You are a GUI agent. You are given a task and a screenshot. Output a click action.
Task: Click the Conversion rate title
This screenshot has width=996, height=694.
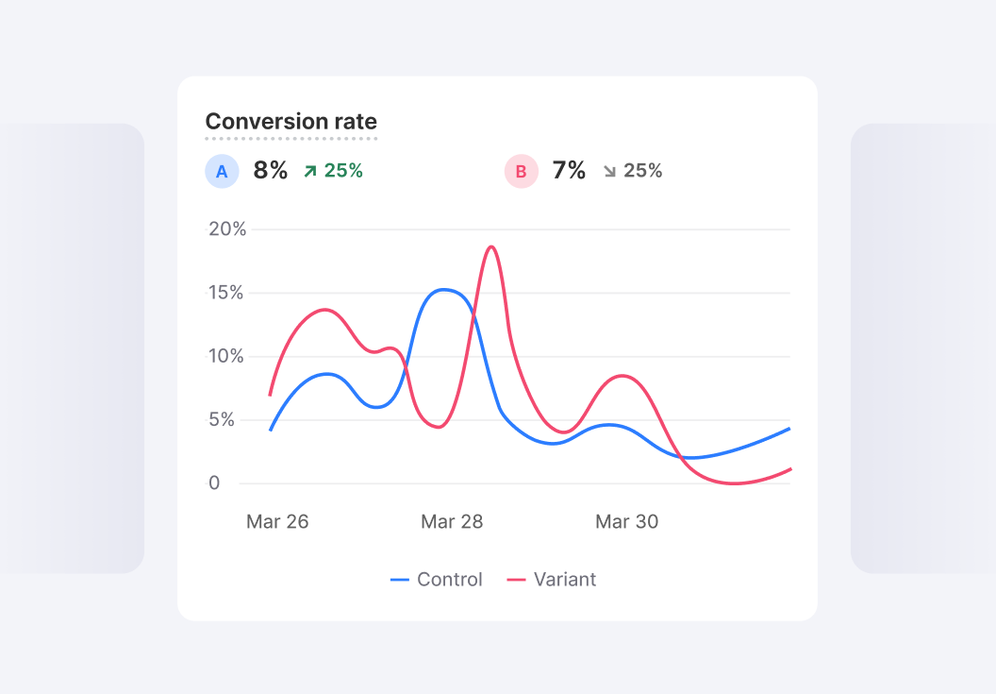(290, 122)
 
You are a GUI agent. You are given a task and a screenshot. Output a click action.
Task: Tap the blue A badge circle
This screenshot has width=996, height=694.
(222, 171)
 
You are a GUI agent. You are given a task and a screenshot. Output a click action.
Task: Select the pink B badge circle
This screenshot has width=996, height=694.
(521, 171)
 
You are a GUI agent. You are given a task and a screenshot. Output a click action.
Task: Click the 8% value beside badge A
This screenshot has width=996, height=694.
(270, 171)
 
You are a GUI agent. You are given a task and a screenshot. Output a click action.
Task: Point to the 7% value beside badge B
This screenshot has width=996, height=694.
(569, 171)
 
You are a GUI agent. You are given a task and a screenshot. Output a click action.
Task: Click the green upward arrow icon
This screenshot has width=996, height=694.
(309, 171)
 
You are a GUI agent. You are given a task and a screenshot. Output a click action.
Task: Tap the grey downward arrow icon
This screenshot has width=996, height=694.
(609, 171)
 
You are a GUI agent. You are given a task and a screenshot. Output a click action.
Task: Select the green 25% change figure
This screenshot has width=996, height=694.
(343, 171)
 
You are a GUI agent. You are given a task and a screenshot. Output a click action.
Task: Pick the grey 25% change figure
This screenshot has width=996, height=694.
(642, 171)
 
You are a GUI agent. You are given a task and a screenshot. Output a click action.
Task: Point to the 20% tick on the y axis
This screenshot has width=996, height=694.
(226, 229)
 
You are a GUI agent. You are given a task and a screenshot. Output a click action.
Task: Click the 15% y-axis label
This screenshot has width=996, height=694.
(226, 293)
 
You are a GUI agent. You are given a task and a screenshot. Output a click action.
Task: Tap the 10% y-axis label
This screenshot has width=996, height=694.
(226, 356)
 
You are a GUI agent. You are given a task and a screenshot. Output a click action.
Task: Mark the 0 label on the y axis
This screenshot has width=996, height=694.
(214, 483)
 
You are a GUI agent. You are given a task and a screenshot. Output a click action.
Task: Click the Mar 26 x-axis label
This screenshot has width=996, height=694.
(277, 522)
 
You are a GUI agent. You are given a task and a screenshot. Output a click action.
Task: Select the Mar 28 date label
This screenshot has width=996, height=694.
(452, 522)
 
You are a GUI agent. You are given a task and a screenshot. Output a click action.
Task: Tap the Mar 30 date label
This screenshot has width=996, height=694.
(626, 522)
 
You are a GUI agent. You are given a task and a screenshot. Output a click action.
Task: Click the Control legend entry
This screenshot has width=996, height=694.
(437, 580)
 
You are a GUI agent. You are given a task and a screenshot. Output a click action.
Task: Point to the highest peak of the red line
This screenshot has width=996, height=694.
(491, 246)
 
